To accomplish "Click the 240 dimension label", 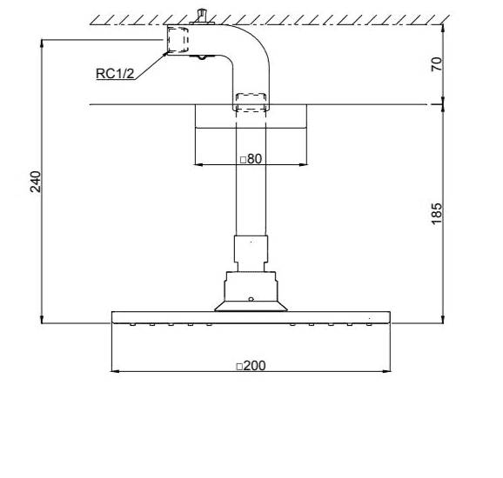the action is (x=36, y=182).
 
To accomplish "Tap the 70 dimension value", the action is (x=436, y=64).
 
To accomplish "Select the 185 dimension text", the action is (x=436, y=214).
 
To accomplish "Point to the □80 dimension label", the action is (x=251, y=158).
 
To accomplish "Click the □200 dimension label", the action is (x=251, y=366).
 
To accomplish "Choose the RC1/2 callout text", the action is (x=115, y=74).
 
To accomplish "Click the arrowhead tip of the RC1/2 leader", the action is (x=167, y=52).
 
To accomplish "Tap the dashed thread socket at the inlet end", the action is (x=178, y=40).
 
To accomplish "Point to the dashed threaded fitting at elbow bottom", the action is (x=251, y=103).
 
